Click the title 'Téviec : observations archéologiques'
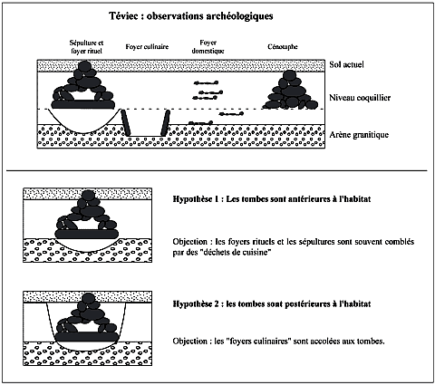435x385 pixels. pos(191,16)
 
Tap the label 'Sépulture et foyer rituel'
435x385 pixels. pos(86,47)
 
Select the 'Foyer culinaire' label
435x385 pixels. pos(147,47)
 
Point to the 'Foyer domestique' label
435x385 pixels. pos(208,47)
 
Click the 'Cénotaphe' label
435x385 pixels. pos(283,47)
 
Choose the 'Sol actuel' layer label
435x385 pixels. pos(346,64)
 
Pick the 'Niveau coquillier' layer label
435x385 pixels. pos(360,98)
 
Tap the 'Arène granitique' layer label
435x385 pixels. pos(359,135)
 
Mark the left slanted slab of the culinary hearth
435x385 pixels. pos(126,122)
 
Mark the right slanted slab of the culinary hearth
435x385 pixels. pos(165,123)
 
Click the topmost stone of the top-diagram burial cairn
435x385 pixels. pos(85,66)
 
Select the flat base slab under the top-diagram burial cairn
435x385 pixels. pos(83,104)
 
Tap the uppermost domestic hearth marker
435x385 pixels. pos(206,82)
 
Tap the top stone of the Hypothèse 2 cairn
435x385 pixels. pos(89,298)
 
